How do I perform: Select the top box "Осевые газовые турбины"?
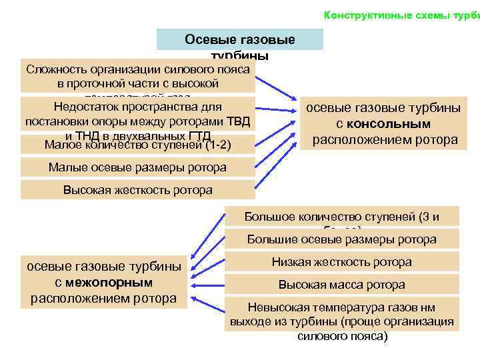[239, 41]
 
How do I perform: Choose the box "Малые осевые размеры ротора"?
[137, 167]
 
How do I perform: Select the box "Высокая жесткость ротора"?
[137, 190]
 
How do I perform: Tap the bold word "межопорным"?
[113, 282]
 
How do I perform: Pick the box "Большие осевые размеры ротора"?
[341, 239]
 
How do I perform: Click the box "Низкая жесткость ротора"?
[341, 262]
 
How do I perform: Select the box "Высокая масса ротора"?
[341, 285]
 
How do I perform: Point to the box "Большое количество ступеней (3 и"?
[341, 217]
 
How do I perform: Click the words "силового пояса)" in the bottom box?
[341, 336]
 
